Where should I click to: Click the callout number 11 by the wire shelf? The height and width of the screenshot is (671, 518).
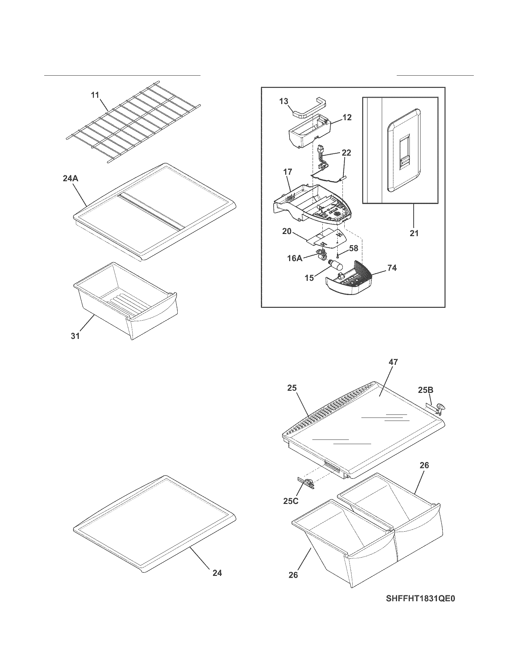tap(95, 95)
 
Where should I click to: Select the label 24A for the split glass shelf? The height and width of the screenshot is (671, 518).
tap(70, 178)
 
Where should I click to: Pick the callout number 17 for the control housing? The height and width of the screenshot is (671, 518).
tap(288, 172)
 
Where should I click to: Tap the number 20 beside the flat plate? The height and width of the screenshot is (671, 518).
tap(287, 231)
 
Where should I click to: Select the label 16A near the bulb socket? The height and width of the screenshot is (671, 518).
tap(295, 258)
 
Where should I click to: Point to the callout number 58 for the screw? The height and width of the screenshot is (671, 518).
tap(354, 248)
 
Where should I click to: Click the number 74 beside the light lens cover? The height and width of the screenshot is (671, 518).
tap(392, 268)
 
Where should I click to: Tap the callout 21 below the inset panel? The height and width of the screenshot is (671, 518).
tap(414, 233)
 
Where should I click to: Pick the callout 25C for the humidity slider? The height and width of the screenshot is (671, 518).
tap(290, 501)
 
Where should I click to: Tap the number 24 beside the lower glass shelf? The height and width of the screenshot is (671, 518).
tap(217, 573)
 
